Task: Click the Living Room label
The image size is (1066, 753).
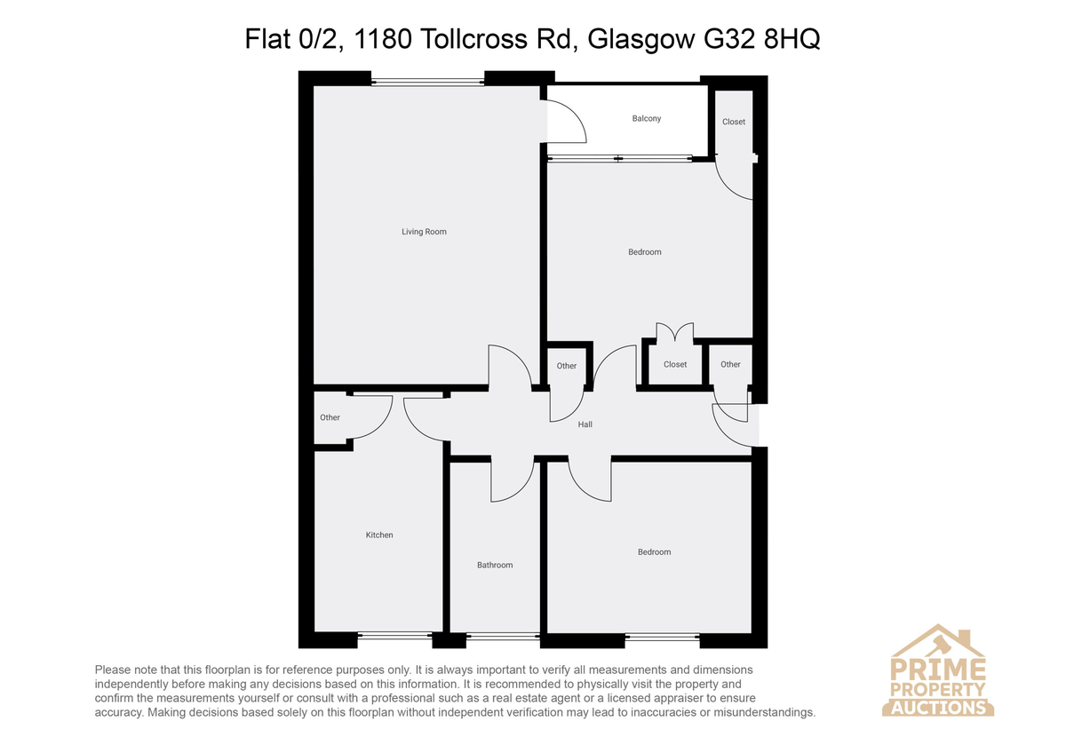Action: pyautogui.click(x=424, y=232)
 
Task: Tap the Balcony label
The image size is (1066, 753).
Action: pyautogui.click(x=647, y=118)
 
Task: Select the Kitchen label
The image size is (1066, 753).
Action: pyautogui.click(x=378, y=535)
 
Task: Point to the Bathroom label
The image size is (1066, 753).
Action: pyautogui.click(x=495, y=565)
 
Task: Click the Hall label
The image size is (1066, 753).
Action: pyautogui.click(x=585, y=424)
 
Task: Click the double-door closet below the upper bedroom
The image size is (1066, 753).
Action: pyautogui.click(x=675, y=364)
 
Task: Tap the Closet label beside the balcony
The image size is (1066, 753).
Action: pyautogui.click(x=734, y=122)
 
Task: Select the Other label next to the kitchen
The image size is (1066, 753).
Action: pyautogui.click(x=330, y=417)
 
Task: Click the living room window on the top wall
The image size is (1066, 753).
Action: pyautogui.click(x=427, y=83)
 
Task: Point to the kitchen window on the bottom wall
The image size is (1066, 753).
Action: pyautogui.click(x=394, y=635)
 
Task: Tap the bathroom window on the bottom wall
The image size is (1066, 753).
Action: pyautogui.click(x=503, y=635)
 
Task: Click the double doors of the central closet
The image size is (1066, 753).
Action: pyautogui.click(x=675, y=332)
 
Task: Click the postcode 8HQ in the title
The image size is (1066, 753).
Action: pyautogui.click(x=792, y=38)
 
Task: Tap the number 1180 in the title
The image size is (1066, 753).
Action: pyautogui.click(x=383, y=38)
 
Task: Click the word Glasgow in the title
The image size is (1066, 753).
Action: pyautogui.click(x=641, y=40)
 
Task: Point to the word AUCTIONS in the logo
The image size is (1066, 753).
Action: pyautogui.click(x=938, y=708)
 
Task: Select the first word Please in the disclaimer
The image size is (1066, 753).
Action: pyautogui.click(x=112, y=670)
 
